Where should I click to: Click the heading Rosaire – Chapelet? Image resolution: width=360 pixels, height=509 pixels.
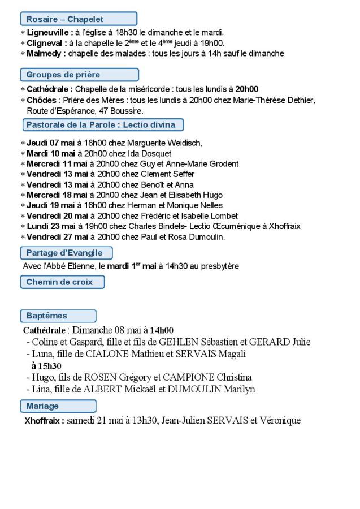point(79,19)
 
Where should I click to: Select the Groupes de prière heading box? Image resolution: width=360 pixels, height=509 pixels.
point(79,75)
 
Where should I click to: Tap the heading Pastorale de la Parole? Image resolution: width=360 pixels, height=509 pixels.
point(102,125)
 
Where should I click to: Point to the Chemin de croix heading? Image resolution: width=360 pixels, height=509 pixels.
point(63,282)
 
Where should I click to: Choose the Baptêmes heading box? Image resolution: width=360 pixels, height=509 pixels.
point(58,316)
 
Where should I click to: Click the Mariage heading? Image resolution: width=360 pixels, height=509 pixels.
point(58,406)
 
